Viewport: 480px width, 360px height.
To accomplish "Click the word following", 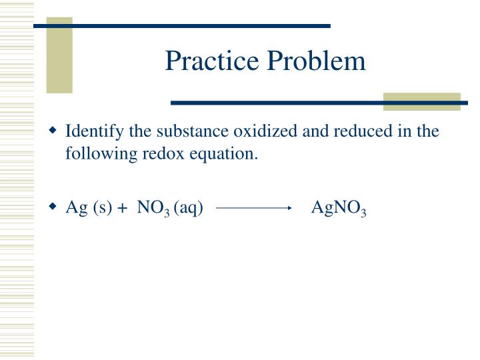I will [97, 154].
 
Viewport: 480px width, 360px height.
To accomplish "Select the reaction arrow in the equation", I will [255, 209].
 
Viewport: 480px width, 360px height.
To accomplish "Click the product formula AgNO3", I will [339, 209].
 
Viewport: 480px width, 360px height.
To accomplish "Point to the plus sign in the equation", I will [122, 209].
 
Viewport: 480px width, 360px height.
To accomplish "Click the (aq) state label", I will [188, 209].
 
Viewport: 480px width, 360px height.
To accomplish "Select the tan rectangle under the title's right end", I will [422, 101].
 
